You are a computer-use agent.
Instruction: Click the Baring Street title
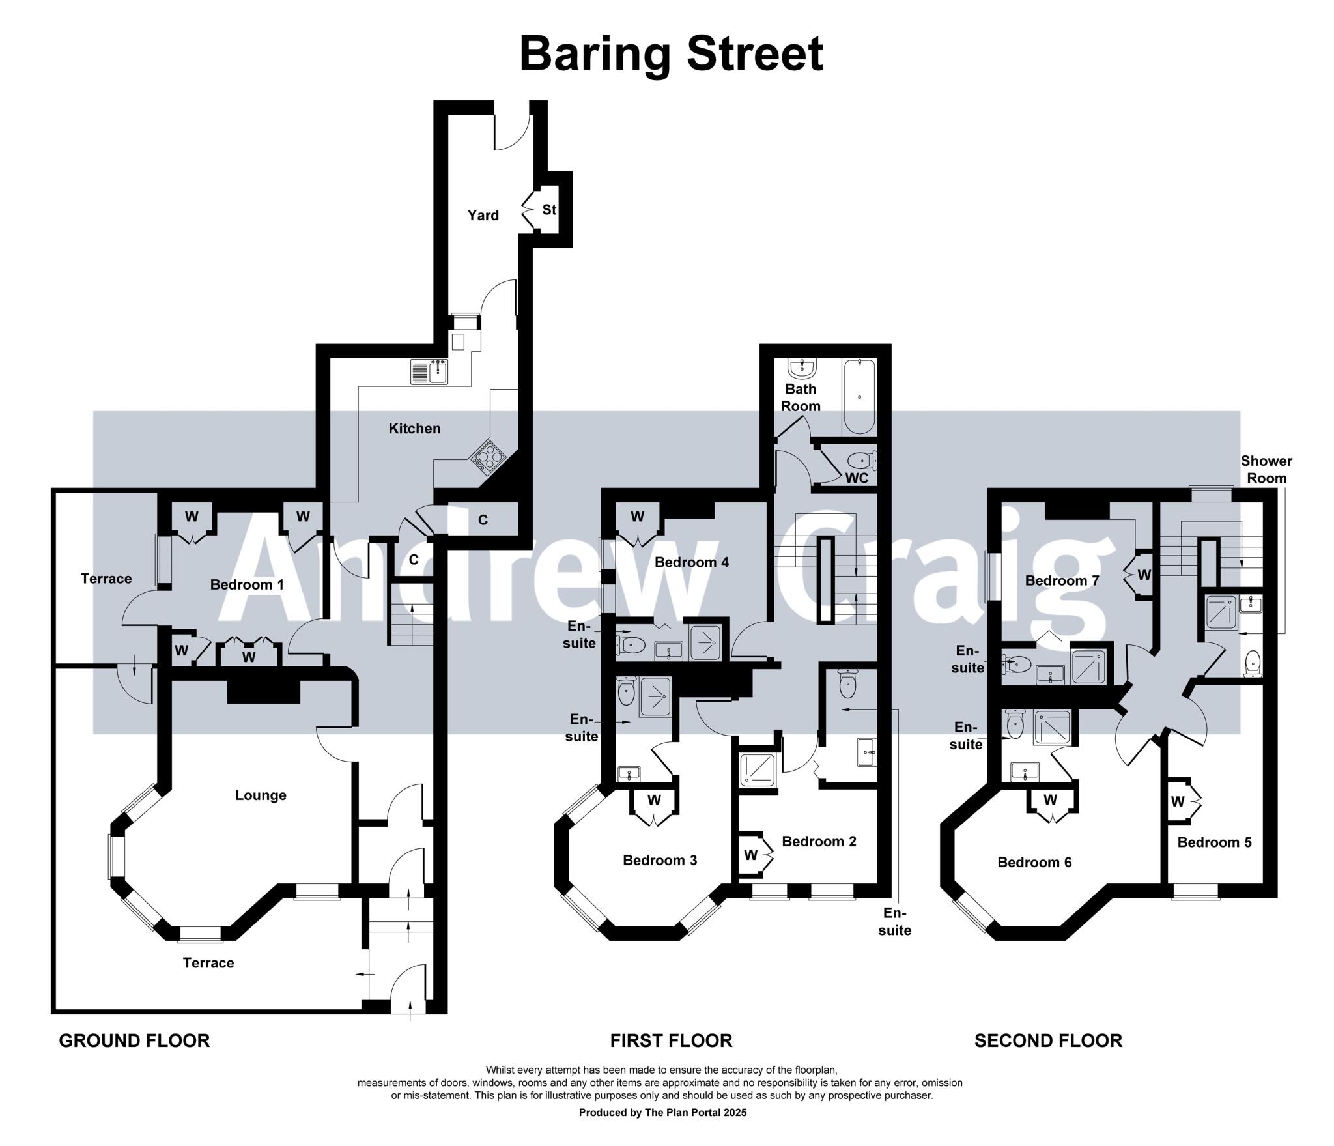click(x=671, y=55)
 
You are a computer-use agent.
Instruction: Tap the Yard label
click(x=483, y=216)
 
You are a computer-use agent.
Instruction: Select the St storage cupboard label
click(x=549, y=210)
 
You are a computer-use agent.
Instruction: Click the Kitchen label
click(x=414, y=429)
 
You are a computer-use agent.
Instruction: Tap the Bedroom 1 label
click(x=247, y=585)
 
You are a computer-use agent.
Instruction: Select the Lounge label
click(x=261, y=795)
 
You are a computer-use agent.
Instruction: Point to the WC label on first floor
click(x=857, y=478)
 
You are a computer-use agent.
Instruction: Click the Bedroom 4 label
click(x=691, y=562)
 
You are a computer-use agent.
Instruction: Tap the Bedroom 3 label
click(x=660, y=861)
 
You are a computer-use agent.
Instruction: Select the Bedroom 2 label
click(x=819, y=842)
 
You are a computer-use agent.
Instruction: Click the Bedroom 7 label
click(x=1062, y=580)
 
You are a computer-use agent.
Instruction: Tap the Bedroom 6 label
click(x=1034, y=863)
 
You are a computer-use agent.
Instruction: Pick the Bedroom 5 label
click(x=1214, y=842)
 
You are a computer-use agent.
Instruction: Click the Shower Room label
click(x=1266, y=469)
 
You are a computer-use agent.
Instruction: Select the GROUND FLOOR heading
click(x=134, y=1041)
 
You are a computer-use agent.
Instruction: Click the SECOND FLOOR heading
click(x=1048, y=1041)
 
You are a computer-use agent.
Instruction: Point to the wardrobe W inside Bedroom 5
click(x=1177, y=802)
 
